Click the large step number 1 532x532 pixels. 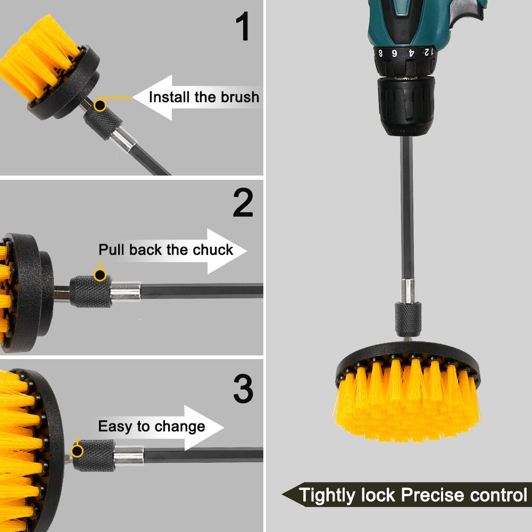[244, 28]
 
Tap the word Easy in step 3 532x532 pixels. [113, 427]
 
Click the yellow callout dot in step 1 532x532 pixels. [99, 105]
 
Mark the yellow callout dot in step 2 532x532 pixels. [99, 275]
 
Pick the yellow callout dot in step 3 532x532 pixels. [78, 451]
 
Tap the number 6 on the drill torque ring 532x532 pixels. [395, 53]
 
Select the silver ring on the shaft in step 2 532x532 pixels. [126, 292]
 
